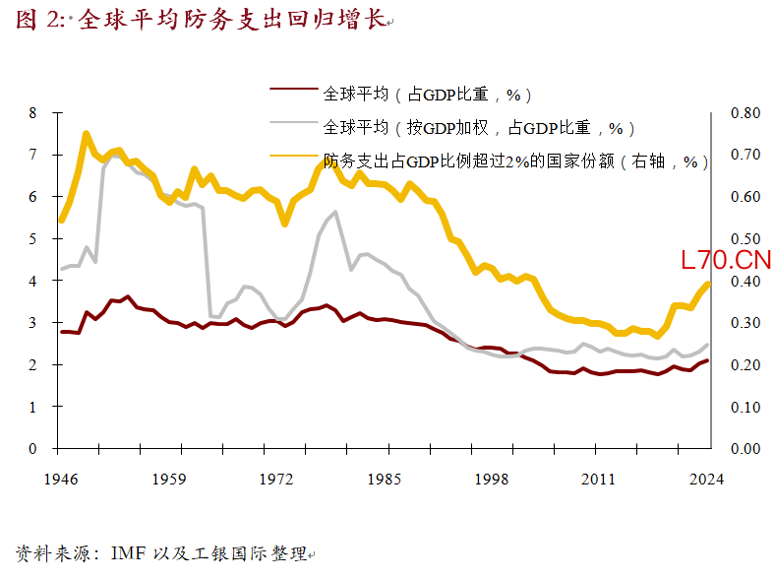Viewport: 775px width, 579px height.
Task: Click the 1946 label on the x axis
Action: pos(62,480)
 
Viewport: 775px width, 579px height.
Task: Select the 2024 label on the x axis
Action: pos(706,480)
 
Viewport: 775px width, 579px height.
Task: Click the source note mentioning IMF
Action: pos(162,553)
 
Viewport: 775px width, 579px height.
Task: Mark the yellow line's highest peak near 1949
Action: pos(87,134)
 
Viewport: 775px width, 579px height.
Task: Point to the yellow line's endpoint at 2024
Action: pos(707,284)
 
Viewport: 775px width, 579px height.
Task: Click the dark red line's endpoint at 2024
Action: pos(707,360)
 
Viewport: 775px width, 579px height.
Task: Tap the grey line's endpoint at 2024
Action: pos(707,344)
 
